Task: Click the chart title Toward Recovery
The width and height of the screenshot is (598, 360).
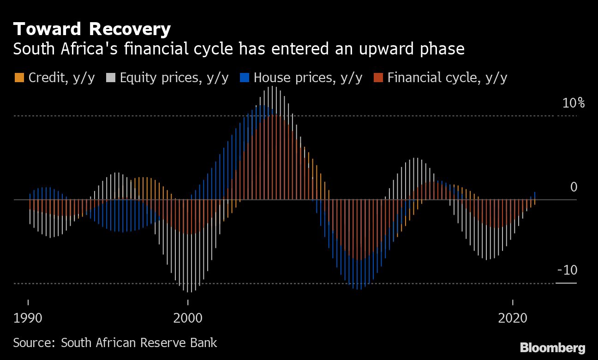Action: pos(92,29)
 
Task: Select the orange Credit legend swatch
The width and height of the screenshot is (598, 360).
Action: pos(19,78)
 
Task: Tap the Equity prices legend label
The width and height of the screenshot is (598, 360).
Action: pos(174,78)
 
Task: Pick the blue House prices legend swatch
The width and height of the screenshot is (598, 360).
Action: pos(245,78)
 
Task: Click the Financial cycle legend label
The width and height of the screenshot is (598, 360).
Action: pos(447,78)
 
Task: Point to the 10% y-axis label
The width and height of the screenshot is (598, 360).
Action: pos(573,103)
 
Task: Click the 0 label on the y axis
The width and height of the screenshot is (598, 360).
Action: pos(574,187)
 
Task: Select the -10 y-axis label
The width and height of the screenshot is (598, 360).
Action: pos(567,270)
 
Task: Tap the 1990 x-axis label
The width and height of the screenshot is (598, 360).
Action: pos(28,318)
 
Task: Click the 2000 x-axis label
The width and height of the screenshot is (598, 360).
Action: pos(187,318)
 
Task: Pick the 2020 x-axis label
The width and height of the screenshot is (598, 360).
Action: pos(513,318)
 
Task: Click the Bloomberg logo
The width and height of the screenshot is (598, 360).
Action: pos(552,348)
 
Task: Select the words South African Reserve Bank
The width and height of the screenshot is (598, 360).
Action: pos(139,343)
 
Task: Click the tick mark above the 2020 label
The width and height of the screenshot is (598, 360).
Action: pos(513,302)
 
